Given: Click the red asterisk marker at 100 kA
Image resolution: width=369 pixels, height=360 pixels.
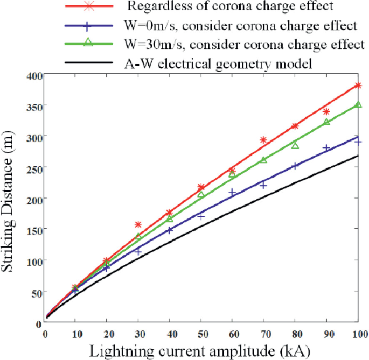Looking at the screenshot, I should tap(358, 86).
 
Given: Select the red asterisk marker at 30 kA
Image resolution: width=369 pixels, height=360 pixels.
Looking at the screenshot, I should tap(138, 224).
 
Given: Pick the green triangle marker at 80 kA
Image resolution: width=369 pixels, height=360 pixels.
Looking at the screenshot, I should tap(295, 145).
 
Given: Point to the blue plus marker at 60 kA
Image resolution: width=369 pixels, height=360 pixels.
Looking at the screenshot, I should tap(232, 192).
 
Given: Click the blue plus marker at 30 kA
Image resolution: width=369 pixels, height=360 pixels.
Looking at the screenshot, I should tap(138, 251).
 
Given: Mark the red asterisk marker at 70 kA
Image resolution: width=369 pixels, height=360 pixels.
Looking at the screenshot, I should tap(263, 140).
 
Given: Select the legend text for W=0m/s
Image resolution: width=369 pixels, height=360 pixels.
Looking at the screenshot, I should tap(239, 26).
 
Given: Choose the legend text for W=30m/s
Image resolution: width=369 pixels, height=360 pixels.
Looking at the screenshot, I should tap(241, 44).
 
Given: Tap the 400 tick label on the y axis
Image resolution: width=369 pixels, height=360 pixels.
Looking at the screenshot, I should tap(34, 75).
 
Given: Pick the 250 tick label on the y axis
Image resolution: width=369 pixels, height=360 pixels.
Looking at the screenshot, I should tap(34, 167).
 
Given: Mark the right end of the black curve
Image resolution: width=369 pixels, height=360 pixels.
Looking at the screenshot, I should tap(358, 156).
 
